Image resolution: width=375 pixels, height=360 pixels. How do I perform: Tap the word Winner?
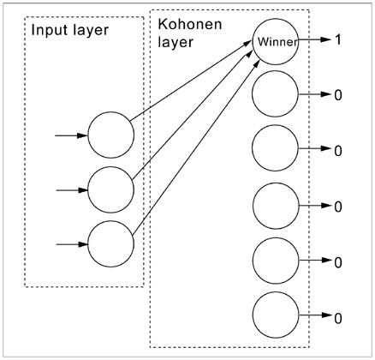click(277, 42)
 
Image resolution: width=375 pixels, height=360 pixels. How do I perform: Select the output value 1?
click(338, 39)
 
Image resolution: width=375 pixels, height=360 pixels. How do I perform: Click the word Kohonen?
click(190, 24)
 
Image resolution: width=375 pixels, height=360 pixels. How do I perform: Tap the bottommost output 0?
click(338, 318)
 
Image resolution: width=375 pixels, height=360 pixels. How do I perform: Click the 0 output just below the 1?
click(338, 95)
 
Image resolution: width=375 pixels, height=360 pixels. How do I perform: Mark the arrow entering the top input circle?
click(71, 135)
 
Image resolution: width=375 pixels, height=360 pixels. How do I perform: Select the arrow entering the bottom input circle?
click(72, 244)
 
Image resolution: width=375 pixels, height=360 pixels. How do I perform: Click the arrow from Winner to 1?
click(313, 39)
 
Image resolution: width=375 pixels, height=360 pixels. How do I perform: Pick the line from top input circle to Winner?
click(191, 81)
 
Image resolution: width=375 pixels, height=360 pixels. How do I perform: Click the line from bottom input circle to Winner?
click(196, 147)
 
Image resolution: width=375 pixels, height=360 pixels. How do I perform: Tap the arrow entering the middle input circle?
click(72, 190)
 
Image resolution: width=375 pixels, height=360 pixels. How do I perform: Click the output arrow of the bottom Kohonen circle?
click(315, 315)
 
